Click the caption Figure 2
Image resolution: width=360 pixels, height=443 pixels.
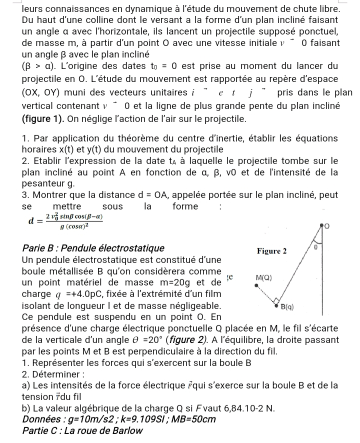click(271, 250)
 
